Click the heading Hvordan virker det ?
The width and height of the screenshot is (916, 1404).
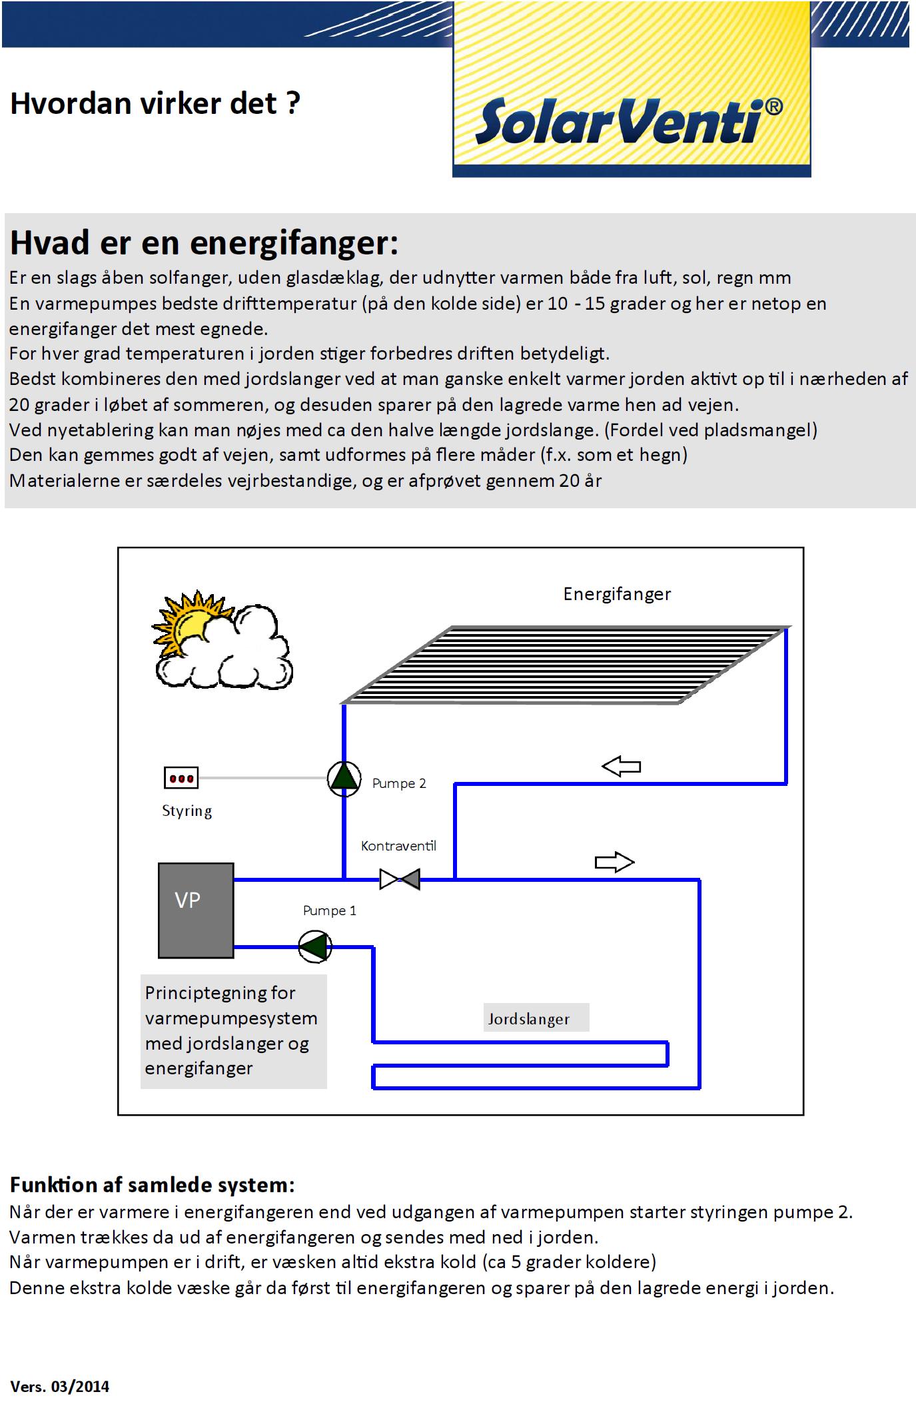point(155,104)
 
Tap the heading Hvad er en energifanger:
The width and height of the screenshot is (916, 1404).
point(204,243)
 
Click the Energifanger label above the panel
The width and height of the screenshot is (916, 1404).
point(617,594)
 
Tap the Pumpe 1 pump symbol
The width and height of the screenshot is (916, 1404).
point(314,946)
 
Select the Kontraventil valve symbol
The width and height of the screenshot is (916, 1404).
point(400,879)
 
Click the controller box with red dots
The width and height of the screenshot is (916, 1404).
point(181,778)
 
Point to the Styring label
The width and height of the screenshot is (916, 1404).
point(187,811)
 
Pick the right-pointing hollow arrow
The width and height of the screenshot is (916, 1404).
point(614,863)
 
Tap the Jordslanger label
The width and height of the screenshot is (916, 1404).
point(529,1018)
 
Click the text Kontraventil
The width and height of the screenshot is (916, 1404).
point(398,846)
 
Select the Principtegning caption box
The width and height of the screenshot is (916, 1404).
point(233,1031)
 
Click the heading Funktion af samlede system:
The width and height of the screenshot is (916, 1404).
point(152,1185)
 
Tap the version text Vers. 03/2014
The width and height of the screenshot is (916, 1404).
point(59,1387)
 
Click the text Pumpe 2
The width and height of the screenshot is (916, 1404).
point(399,783)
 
